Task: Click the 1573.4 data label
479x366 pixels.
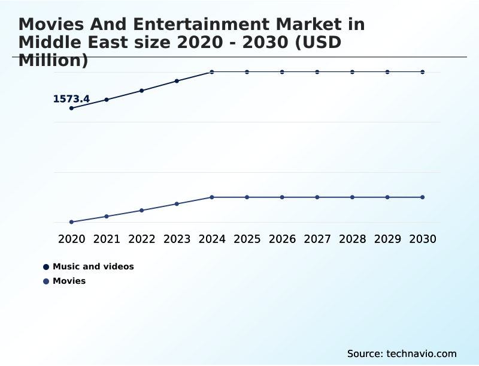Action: [71, 99]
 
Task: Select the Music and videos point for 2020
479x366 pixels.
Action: [71, 108]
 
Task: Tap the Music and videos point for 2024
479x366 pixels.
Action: [212, 72]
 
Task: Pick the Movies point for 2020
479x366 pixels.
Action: [71, 222]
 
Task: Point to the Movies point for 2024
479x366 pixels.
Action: [212, 197]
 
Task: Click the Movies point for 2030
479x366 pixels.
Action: [422, 197]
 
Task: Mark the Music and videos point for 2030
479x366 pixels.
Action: [422, 72]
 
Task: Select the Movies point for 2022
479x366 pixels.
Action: [142, 211]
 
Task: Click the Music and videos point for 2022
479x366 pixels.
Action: [142, 91]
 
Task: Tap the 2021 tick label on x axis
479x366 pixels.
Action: [107, 239]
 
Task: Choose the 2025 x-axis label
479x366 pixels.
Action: [247, 239]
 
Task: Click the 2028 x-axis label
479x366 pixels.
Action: [352, 239]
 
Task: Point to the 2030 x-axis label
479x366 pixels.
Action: [422, 239]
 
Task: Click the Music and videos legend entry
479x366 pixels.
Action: [93, 266]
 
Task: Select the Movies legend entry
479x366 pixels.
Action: [69, 281]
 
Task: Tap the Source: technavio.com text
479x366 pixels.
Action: [402, 353]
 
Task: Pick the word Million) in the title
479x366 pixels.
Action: [53, 61]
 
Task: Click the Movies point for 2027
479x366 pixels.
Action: [317, 197]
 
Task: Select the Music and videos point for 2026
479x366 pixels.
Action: [282, 72]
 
